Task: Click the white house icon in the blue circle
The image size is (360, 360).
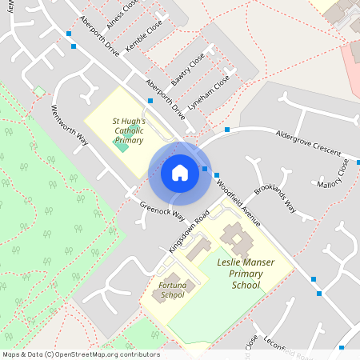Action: point(179,173)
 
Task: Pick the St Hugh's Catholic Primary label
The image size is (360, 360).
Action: point(129,130)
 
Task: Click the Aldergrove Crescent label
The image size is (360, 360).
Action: point(308,143)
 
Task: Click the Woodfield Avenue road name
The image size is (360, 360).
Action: point(239,204)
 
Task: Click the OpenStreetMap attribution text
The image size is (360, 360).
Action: point(80,354)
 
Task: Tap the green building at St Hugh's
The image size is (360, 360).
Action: point(121,145)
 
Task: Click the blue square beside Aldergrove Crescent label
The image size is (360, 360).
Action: point(227,130)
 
